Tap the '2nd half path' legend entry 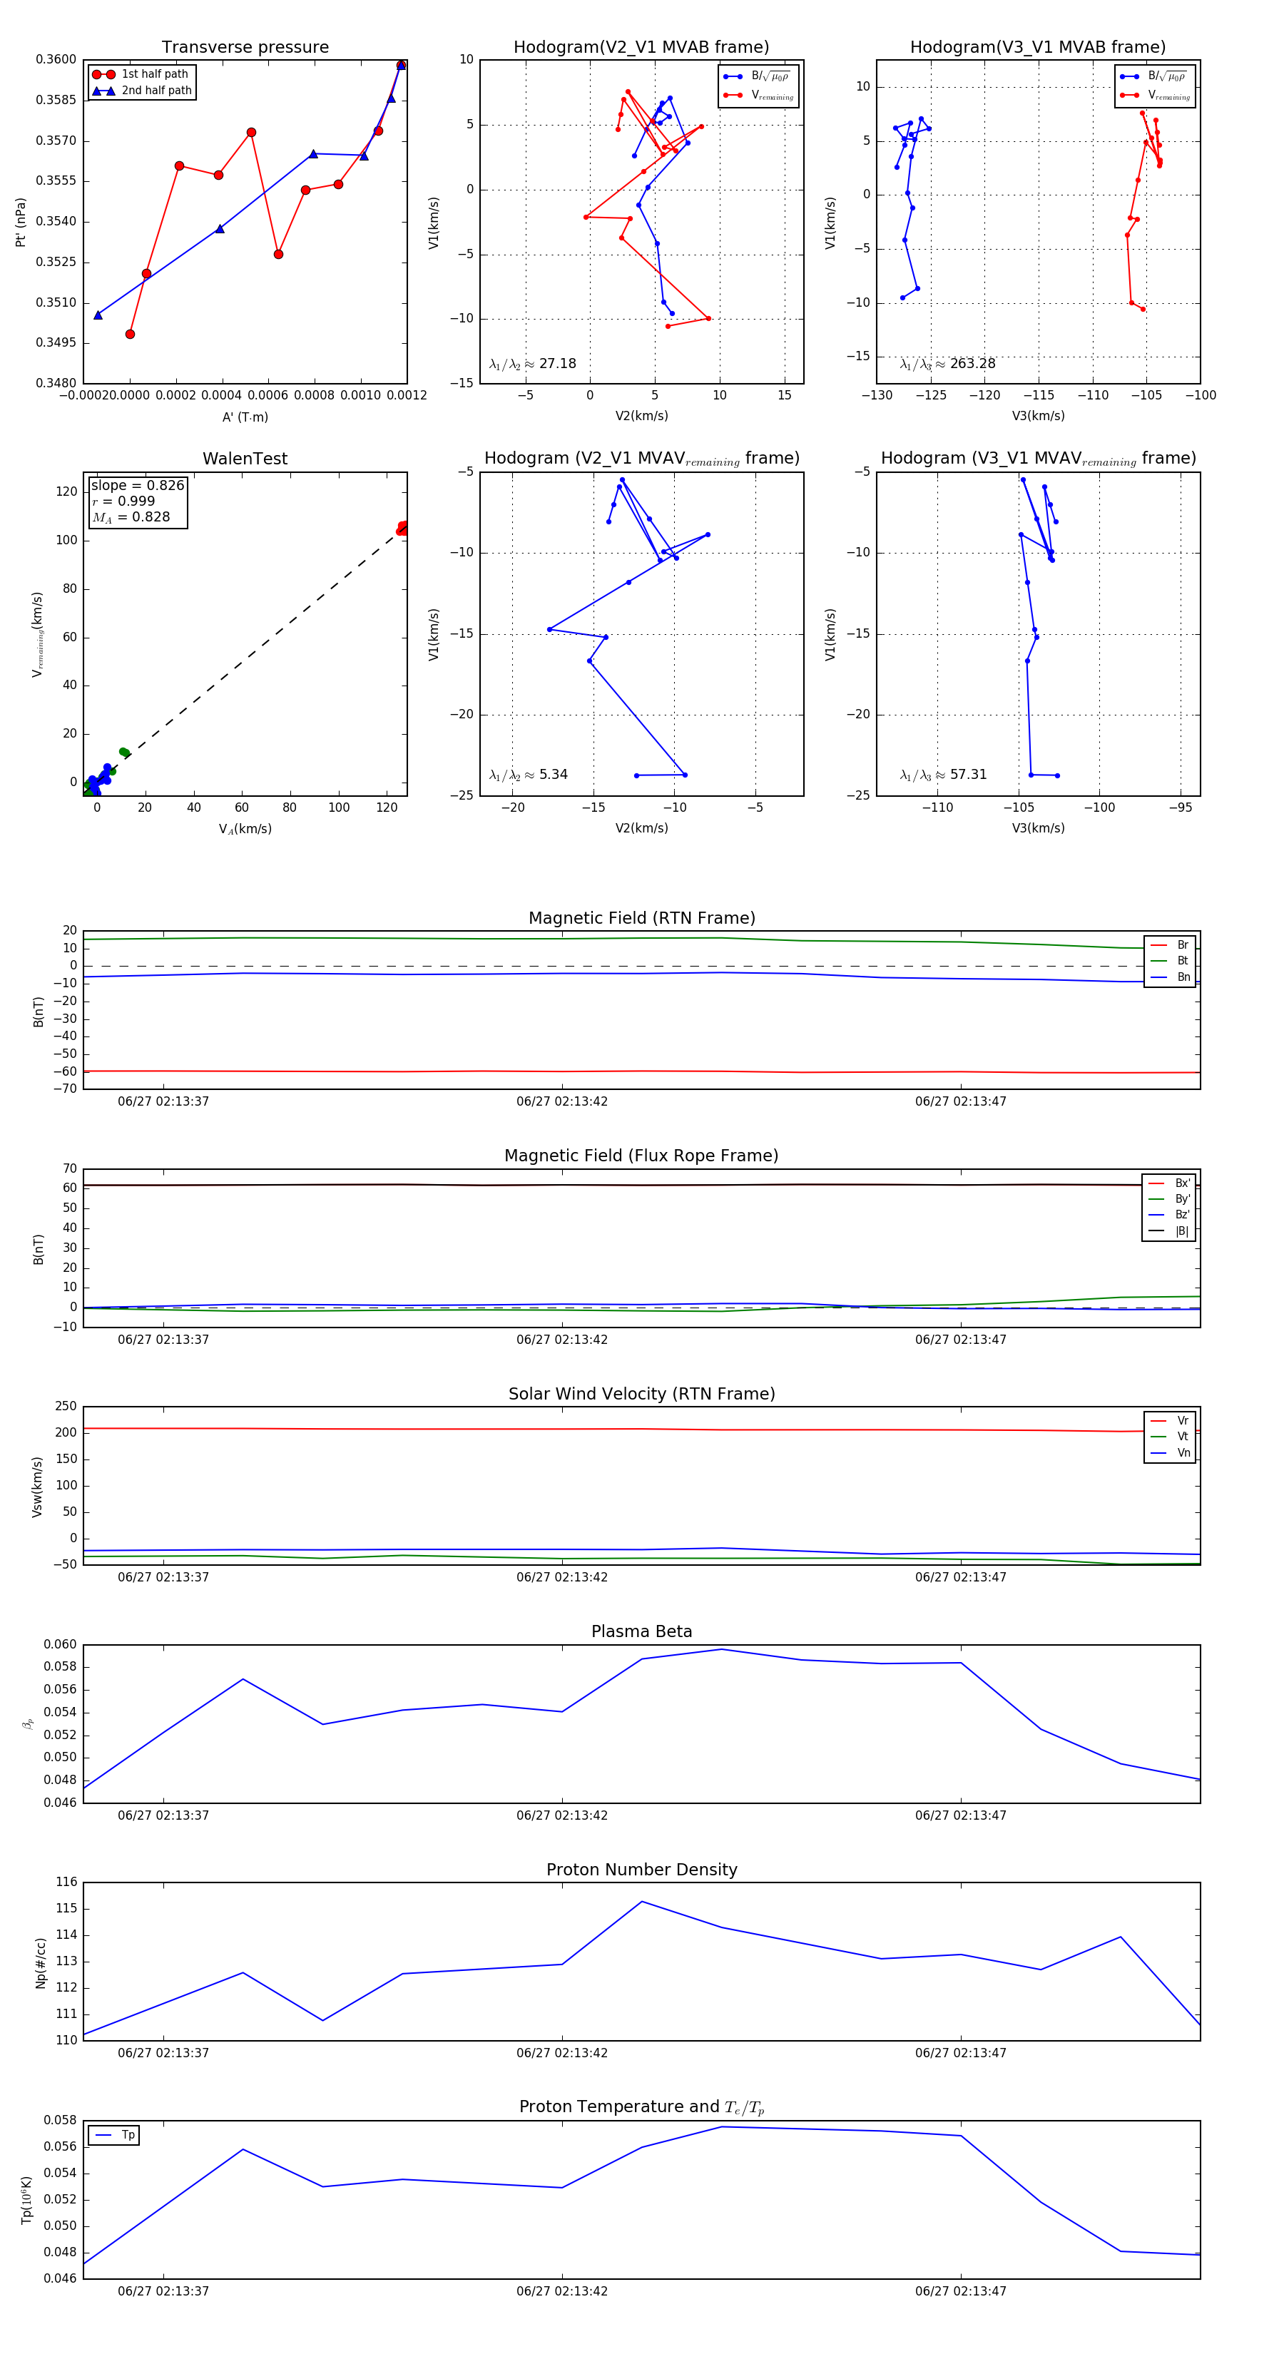pyautogui.click(x=156, y=91)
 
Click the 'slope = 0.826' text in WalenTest pyautogui.click(x=137, y=485)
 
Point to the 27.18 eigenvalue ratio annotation pyautogui.click(x=533, y=364)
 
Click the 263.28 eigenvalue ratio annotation pyautogui.click(x=948, y=364)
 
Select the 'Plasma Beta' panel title pyautogui.click(x=641, y=1631)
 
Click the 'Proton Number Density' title pyautogui.click(x=641, y=1870)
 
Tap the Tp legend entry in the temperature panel pyautogui.click(x=127, y=2135)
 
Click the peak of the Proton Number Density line pyautogui.click(x=641, y=1902)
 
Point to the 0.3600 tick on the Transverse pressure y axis pyautogui.click(x=56, y=59)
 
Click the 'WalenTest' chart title pyautogui.click(x=245, y=459)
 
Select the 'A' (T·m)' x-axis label pyautogui.click(x=245, y=417)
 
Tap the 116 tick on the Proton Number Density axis pyautogui.click(x=67, y=1882)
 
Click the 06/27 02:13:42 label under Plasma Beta pyautogui.click(x=561, y=1815)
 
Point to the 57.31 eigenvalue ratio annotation pyautogui.click(x=943, y=775)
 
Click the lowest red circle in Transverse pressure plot pyautogui.click(x=130, y=334)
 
